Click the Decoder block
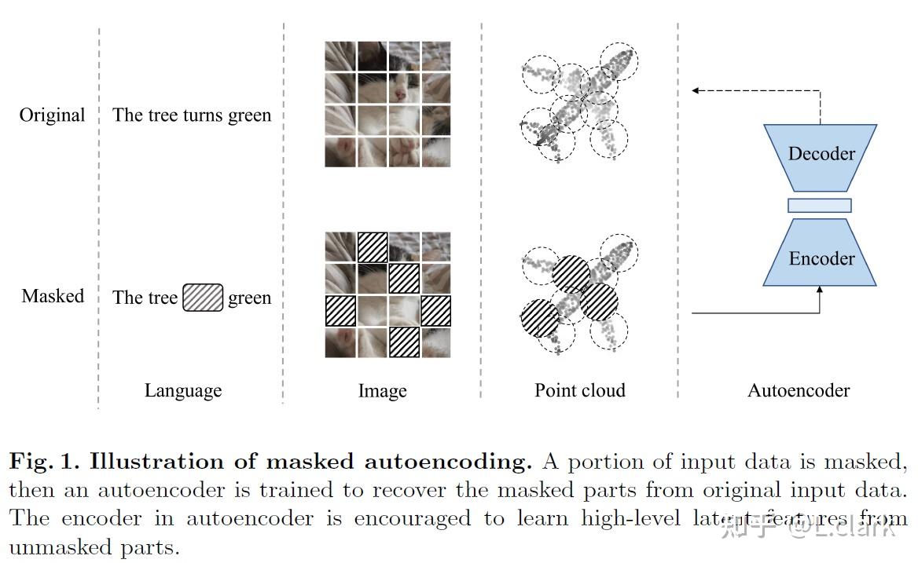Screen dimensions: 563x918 pyautogui.click(x=821, y=155)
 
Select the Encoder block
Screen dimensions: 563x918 pyautogui.click(x=821, y=258)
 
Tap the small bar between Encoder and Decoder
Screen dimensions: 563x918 pyautogui.click(x=820, y=206)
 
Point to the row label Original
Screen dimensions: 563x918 pyautogui.click(x=52, y=115)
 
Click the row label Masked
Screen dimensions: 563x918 pyautogui.click(x=53, y=296)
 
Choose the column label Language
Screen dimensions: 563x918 pyautogui.click(x=183, y=390)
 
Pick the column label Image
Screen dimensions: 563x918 pyautogui.click(x=383, y=391)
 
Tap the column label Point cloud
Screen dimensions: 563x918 pyautogui.click(x=580, y=390)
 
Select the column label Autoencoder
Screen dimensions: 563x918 pyautogui.click(x=799, y=390)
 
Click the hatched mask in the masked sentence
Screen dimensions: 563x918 pyautogui.click(x=203, y=298)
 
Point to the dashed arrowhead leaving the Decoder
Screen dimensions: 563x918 pyautogui.click(x=696, y=90)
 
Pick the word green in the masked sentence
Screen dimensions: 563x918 pyautogui.click(x=249, y=298)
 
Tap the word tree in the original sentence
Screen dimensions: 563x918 pyautogui.click(x=162, y=115)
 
